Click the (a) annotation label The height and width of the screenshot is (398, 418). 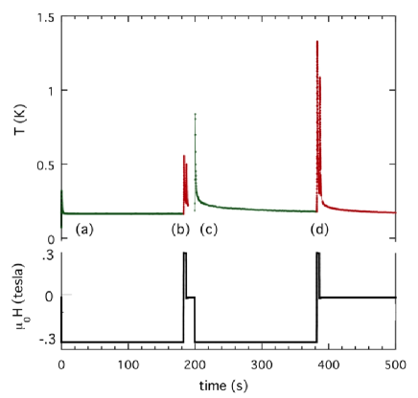coord(84,230)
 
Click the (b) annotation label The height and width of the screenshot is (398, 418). coord(179,230)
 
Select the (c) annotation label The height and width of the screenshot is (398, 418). coord(209,230)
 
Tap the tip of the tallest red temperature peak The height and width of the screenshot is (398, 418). coord(317,41)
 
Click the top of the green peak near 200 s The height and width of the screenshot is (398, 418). coord(196,113)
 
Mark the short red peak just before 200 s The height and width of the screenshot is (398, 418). coord(184,155)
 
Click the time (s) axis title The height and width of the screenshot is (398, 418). coord(227,385)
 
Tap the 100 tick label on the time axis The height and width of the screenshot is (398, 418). coord(128,365)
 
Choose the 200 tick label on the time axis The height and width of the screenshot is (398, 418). coord(196,365)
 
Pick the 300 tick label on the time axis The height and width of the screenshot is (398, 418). coord(262,365)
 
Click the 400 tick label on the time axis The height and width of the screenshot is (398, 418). coord(329,365)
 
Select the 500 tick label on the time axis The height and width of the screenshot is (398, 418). coord(394,365)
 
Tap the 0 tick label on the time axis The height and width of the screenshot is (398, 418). coord(62,365)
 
